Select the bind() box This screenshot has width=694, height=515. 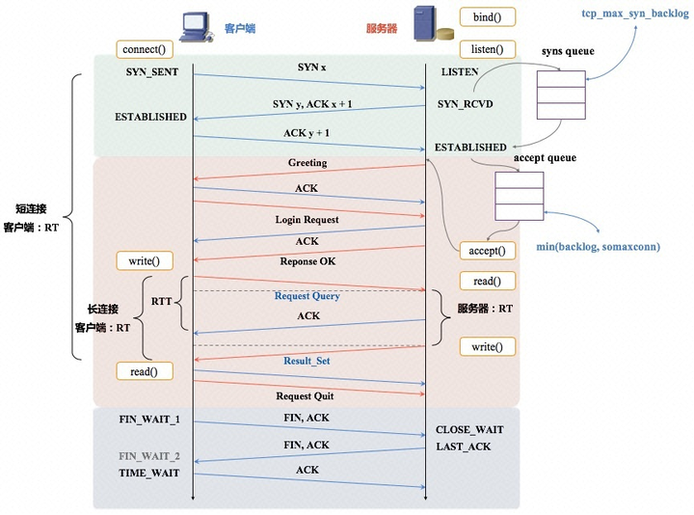[x=487, y=17]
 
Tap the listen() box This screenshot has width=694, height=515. [x=487, y=48]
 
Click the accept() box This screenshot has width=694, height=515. [x=487, y=251]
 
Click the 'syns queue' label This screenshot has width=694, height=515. [x=567, y=50]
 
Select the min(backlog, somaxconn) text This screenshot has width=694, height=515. [x=599, y=247]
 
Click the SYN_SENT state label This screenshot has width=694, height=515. [x=152, y=72]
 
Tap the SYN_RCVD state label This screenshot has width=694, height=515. [x=465, y=103]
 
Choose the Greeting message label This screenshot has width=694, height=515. [x=307, y=163]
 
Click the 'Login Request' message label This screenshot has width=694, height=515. [x=307, y=220]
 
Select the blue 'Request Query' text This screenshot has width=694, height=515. [x=307, y=296]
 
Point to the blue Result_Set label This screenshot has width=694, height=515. [x=307, y=361]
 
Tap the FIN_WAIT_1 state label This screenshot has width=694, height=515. [x=149, y=420]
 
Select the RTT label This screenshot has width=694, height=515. [x=162, y=302]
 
